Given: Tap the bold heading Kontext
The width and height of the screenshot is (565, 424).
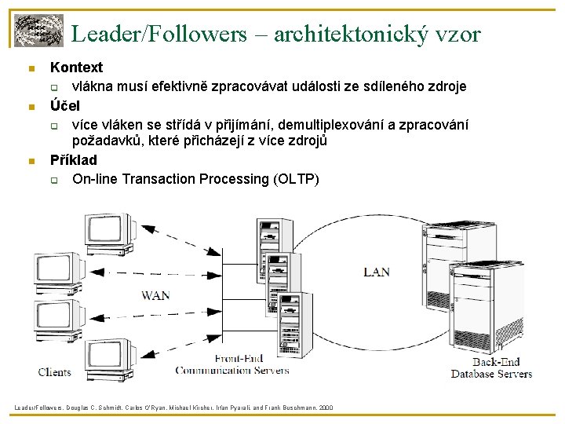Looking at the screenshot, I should (76, 68).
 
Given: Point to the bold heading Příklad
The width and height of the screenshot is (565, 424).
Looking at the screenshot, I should (74, 160).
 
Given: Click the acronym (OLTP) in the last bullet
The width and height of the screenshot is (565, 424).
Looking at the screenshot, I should (295, 179).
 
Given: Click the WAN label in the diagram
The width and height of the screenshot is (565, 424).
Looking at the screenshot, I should (155, 295).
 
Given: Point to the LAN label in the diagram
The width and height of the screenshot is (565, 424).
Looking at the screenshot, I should (376, 272).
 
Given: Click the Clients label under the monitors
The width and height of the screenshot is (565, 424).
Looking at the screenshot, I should (54, 371).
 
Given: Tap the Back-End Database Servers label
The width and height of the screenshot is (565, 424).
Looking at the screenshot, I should (491, 368).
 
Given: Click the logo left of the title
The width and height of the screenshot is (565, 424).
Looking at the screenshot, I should (38, 31).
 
